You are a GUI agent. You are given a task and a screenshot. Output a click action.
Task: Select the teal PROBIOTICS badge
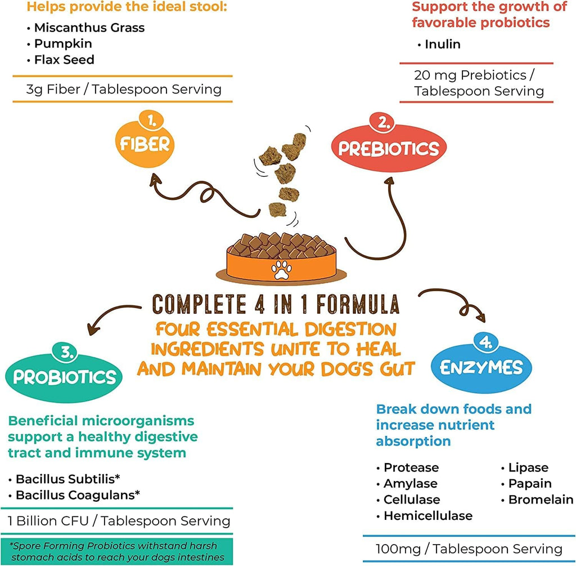64,376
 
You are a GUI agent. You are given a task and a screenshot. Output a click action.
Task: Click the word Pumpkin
63,43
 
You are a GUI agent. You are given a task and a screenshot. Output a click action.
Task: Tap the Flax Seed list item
64,59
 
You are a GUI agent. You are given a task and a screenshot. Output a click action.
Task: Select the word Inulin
443,44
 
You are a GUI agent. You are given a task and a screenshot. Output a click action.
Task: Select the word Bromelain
541,500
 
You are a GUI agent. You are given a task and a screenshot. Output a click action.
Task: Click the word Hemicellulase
428,515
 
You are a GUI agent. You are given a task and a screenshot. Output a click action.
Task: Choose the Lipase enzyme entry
528,467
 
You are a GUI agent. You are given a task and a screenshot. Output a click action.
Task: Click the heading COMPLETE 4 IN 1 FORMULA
276,304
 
